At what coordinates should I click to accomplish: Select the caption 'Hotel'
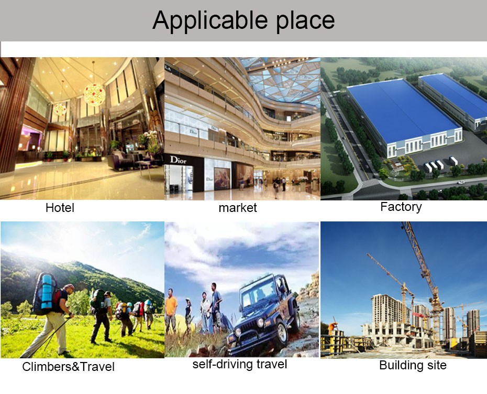[x=60, y=208]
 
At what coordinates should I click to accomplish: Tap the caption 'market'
[x=238, y=208]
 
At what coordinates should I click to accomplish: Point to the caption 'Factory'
[x=401, y=207]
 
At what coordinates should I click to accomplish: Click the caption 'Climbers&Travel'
[x=68, y=367]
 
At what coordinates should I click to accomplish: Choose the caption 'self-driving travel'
[x=239, y=364]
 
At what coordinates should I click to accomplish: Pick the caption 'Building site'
[x=413, y=365]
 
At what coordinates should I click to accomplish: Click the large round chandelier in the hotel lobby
[x=94, y=94]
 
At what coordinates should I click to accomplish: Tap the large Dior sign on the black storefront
[x=178, y=160]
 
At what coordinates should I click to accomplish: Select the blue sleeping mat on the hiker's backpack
[x=46, y=292]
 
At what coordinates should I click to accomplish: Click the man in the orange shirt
[x=171, y=310]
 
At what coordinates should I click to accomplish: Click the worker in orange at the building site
[x=333, y=328]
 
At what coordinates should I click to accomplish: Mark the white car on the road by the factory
[x=461, y=183]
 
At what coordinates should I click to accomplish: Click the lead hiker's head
[x=70, y=288]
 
